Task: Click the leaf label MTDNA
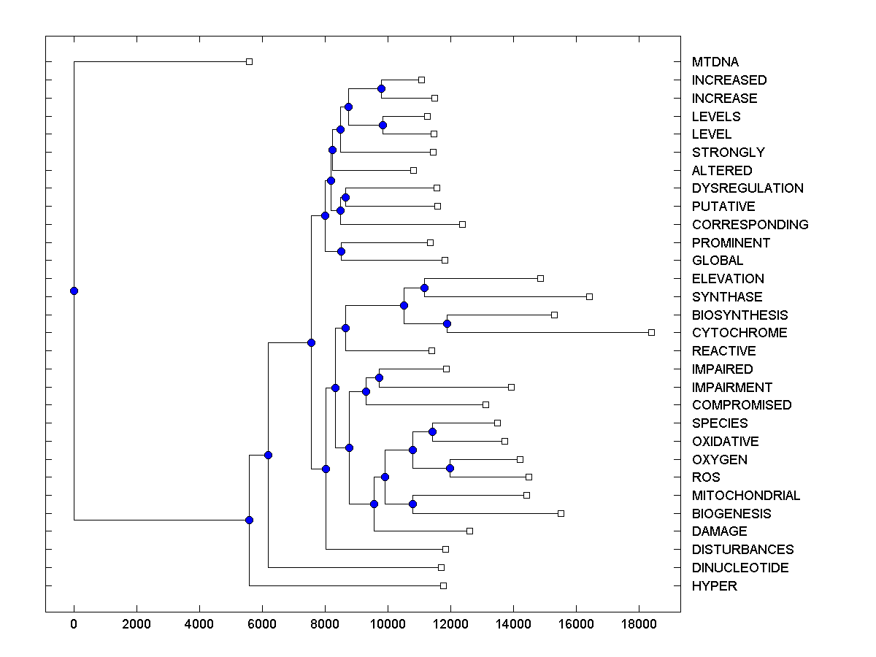(x=715, y=62)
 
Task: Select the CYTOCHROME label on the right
(x=739, y=333)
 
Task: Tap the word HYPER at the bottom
(x=715, y=586)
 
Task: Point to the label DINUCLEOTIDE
(x=740, y=568)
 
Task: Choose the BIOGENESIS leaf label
(x=731, y=514)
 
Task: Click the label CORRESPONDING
(x=750, y=225)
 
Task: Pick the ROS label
(x=706, y=477)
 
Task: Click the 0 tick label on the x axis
(x=74, y=625)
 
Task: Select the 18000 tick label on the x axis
(x=639, y=625)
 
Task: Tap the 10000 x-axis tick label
(x=388, y=625)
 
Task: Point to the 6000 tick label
(x=262, y=625)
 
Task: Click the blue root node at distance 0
(x=74, y=291)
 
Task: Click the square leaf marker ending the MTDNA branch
(x=249, y=61)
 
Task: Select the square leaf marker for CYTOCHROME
(x=651, y=332)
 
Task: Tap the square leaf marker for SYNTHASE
(x=589, y=296)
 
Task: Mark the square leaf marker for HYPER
(x=443, y=585)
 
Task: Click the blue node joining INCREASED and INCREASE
(x=381, y=88)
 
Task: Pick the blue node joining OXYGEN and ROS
(x=450, y=468)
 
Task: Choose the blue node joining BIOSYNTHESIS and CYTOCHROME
(x=447, y=323)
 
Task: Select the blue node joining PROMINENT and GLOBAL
(x=341, y=251)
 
